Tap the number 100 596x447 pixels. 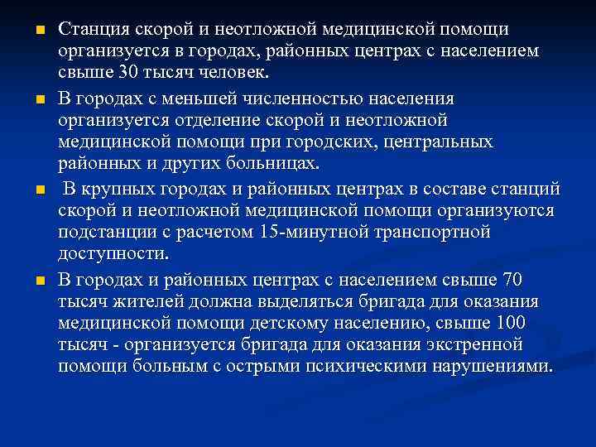(x=529, y=321)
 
